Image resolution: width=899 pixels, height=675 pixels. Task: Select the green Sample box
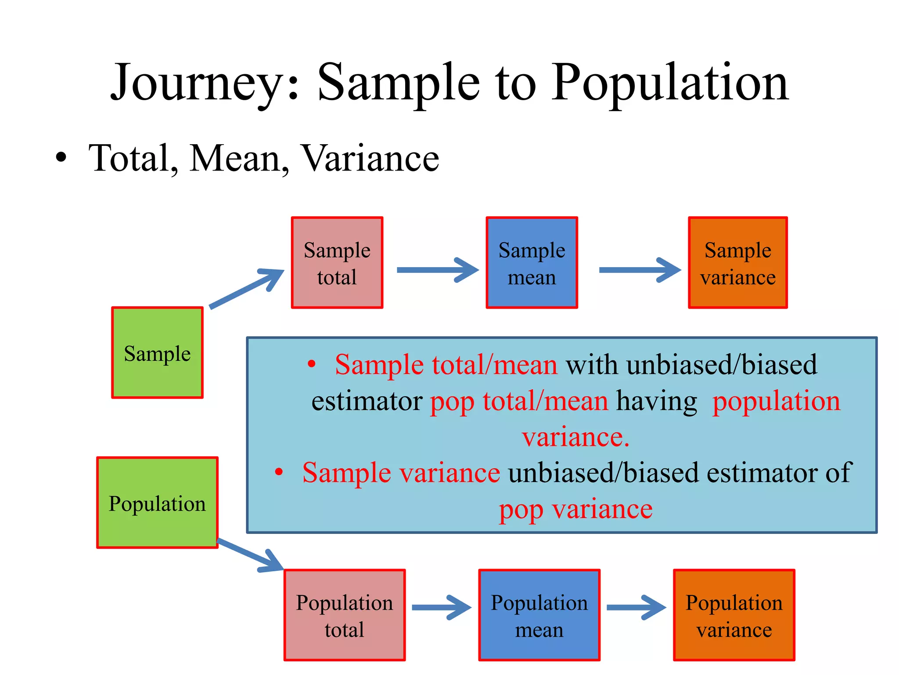pos(157,353)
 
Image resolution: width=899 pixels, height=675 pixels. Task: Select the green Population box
pos(157,503)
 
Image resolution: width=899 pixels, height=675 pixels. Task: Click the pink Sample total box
pos(337,263)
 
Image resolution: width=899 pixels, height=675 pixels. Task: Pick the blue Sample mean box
pos(532,263)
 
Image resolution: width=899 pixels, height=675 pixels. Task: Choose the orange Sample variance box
pos(737,263)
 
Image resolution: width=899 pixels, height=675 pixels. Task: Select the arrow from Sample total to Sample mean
pos(437,270)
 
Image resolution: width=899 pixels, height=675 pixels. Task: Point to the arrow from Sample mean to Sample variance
pos(639,270)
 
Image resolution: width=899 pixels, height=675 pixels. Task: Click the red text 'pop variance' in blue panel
pos(575,510)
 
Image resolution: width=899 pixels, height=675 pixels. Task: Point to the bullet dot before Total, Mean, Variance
pos(61,157)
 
